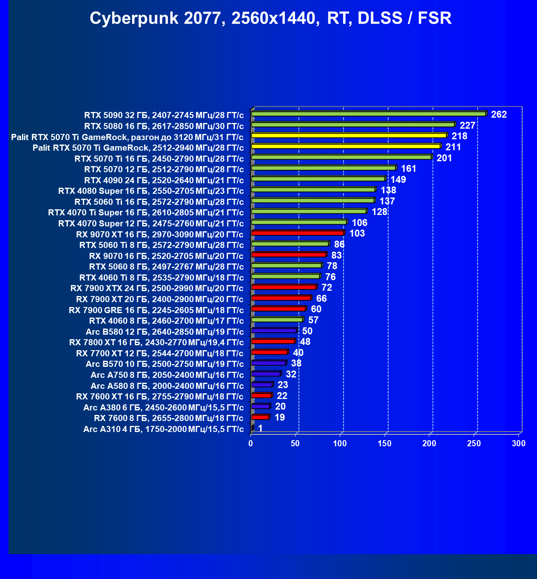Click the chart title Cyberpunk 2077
pyautogui.click(x=270, y=18)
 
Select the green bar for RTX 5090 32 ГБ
pyautogui.click(x=369, y=114)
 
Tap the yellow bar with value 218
pyautogui.click(x=349, y=135)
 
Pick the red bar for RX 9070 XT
pyautogui.click(x=298, y=233)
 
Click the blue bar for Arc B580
pyautogui.click(x=274, y=330)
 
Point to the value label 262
pyautogui.click(x=499, y=114)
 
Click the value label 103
pyautogui.click(x=357, y=233)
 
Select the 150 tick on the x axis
pyautogui.click(x=385, y=443)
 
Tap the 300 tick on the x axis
pyautogui.click(x=519, y=443)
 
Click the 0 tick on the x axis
pyautogui.click(x=251, y=443)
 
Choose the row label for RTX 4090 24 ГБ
pyautogui.click(x=164, y=180)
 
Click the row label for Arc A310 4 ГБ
pyautogui.click(x=163, y=429)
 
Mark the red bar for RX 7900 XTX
pyautogui.click(x=284, y=287)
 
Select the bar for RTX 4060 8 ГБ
pyautogui.click(x=277, y=320)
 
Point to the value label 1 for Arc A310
pyautogui.click(x=260, y=428)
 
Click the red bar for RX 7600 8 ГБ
pyautogui.click(x=260, y=417)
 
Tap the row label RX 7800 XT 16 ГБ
pyautogui.click(x=157, y=342)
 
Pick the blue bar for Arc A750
pyautogui.click(x=266, y=374)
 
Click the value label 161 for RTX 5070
pyautogui.click(x=409, y=169)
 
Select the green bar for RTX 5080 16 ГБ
pyautogui.click(x=353, y=124)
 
